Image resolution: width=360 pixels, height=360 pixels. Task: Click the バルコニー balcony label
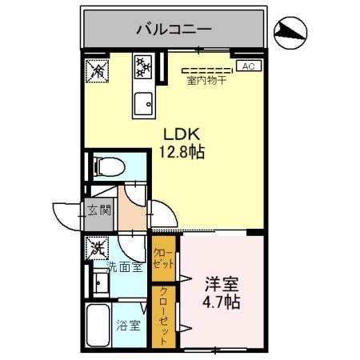[173, 30]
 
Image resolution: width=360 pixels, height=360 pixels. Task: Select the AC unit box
[247, 66]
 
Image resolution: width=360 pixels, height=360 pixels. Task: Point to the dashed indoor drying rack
[206, 69]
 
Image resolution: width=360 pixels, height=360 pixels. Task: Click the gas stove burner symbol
[144, 66]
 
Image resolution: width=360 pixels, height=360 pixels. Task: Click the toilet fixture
[110, 167]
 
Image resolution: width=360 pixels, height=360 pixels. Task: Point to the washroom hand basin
[101, 283]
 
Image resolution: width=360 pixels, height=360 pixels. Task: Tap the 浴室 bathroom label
[126, 326]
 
